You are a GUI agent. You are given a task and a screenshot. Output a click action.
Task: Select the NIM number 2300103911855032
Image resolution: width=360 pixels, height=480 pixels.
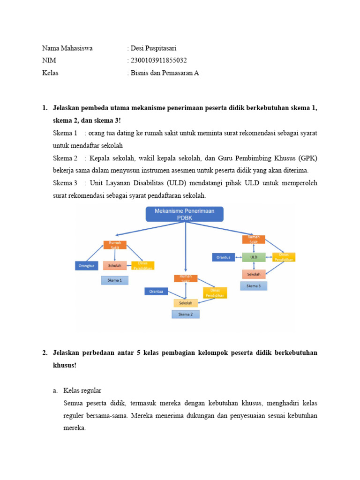(157, 60)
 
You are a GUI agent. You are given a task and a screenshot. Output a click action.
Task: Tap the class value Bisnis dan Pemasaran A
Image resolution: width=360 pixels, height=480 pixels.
(164, 73)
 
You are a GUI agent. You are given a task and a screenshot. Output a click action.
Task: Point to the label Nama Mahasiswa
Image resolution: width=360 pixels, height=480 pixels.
(67, 48)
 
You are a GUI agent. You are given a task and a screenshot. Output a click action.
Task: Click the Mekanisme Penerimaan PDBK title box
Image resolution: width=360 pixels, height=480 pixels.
(185, 214)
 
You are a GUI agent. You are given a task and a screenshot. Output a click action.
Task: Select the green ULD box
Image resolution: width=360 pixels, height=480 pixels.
(254, 257)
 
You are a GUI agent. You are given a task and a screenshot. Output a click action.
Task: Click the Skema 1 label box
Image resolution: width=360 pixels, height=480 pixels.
(115, 280)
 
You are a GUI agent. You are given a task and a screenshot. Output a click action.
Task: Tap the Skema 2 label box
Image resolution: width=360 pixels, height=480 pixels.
(185, 314)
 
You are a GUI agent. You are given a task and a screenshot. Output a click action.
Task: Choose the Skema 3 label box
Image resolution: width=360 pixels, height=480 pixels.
(253, 285)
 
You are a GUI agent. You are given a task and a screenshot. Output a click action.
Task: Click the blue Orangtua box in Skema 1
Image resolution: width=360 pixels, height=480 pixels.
(88, 266)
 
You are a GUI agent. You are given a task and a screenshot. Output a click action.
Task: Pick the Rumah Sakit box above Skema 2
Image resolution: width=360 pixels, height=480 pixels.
(186, 278)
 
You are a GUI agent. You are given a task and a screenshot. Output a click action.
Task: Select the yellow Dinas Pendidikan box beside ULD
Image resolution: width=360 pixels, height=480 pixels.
(284, 257)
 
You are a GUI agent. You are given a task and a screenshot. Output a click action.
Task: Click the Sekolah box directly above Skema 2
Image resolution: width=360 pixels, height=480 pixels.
(186, 303)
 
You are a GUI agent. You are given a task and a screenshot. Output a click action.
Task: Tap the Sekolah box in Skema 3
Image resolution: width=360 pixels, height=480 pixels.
(254, 274)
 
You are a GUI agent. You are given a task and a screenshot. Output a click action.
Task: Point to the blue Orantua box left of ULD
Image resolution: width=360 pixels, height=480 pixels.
(224, 257)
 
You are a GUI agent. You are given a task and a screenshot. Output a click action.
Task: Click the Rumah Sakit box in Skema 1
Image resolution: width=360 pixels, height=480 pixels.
(115, 245)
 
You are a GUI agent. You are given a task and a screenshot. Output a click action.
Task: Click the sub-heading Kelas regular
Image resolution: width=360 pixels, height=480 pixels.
(82, 390)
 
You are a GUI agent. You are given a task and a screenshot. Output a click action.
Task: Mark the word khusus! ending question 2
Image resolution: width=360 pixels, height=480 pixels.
(64, 365)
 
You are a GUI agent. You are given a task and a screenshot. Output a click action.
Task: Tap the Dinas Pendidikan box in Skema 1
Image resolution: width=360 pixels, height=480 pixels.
(142, 265)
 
